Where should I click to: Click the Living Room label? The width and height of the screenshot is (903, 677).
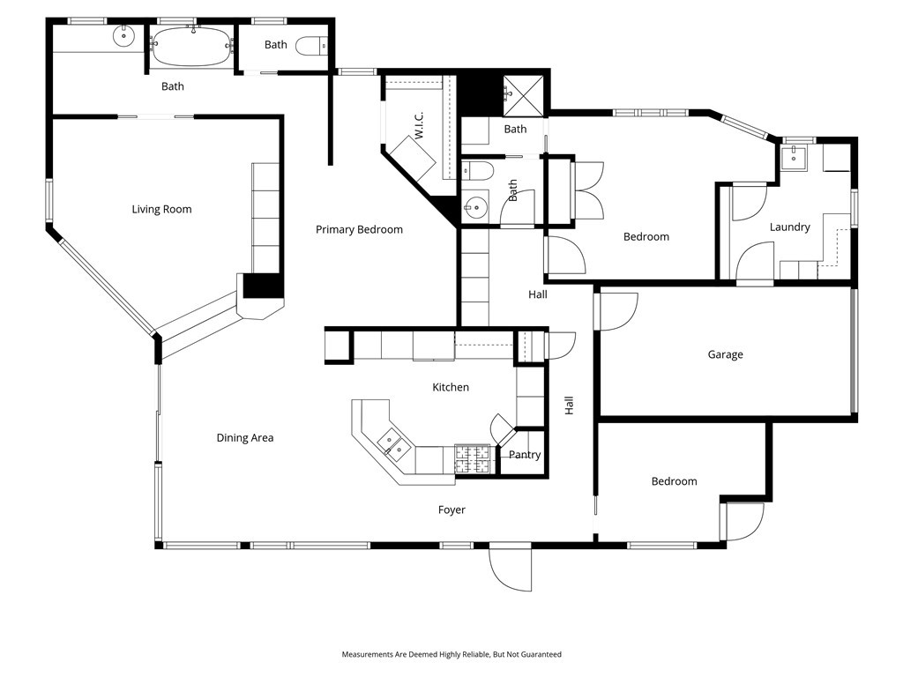point(161,209)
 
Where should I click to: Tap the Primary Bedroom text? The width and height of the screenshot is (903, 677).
point(359,229)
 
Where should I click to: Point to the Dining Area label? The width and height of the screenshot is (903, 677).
point(245,437)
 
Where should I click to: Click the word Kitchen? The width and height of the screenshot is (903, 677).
point(450,387)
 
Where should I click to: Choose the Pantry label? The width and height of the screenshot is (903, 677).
point(525,455)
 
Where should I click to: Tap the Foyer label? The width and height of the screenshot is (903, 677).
point(451,510)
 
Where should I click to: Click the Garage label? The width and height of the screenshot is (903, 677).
point(725,354)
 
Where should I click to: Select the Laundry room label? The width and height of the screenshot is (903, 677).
point(789,227)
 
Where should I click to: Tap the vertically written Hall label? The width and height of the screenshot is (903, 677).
point(569,405)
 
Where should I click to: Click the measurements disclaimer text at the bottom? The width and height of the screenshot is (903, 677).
point(451,654)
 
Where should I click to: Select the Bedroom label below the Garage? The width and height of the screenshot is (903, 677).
point(674,481)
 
